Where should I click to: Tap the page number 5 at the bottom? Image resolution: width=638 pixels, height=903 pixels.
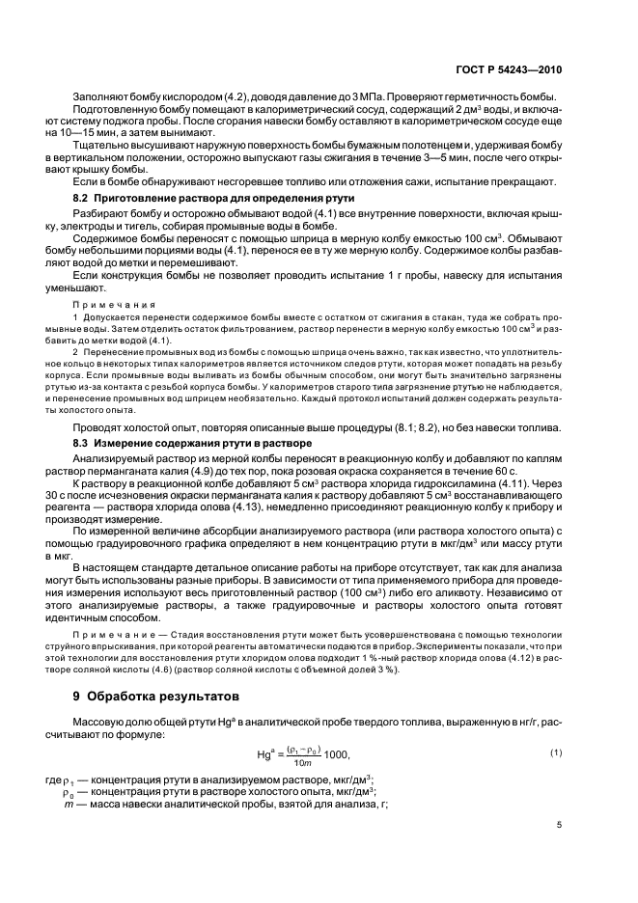tap(561, 825)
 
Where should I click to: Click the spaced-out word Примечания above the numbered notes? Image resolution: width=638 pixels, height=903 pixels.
tap(108, 300)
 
